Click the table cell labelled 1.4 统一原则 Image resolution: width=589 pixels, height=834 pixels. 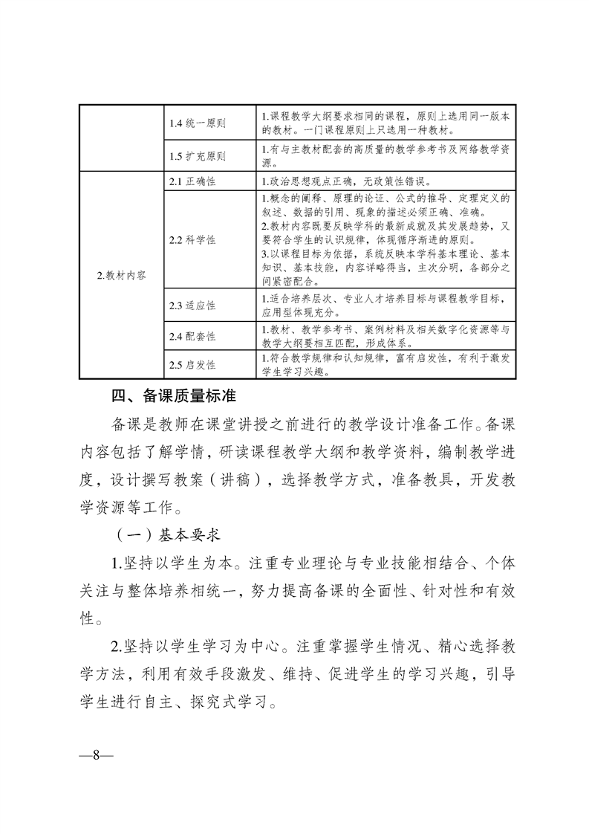click(x=197, y=123)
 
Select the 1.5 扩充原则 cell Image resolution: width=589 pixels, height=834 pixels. click(x=197, y=157)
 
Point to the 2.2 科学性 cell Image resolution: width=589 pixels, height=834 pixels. click(x=192, y=240)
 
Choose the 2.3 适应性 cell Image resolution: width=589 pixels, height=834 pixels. click(x=192, y=306)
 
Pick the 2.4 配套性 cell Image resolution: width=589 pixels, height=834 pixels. click(x=192, y=337)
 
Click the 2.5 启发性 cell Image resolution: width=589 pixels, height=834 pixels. click(x=192, y=365)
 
